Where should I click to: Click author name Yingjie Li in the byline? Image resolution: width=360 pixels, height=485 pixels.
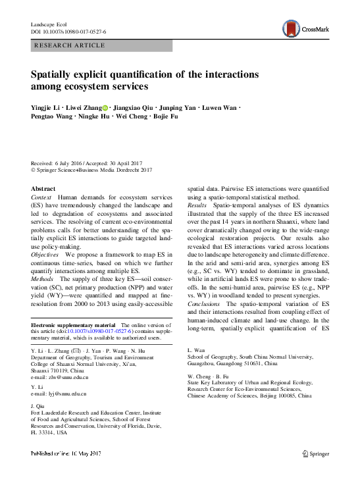(x=47, y=107)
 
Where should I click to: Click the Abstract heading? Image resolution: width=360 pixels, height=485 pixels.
(x=43, y=189)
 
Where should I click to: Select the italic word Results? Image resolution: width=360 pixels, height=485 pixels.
(x=198, y=206)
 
